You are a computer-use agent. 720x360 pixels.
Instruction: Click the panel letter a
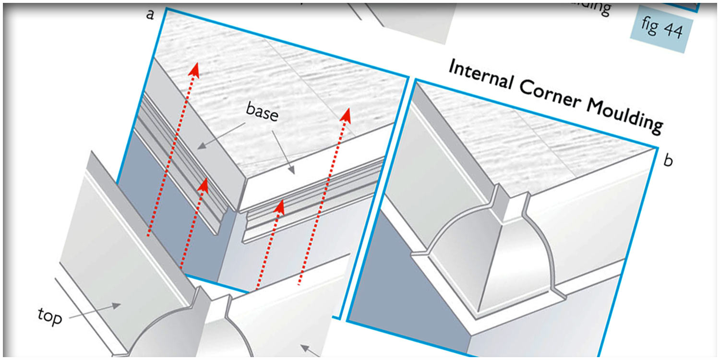(x=150, y=14)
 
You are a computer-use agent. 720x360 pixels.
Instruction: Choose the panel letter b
(x=668, y=161)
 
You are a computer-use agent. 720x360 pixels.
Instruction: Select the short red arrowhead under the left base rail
(x=204, y=185)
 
